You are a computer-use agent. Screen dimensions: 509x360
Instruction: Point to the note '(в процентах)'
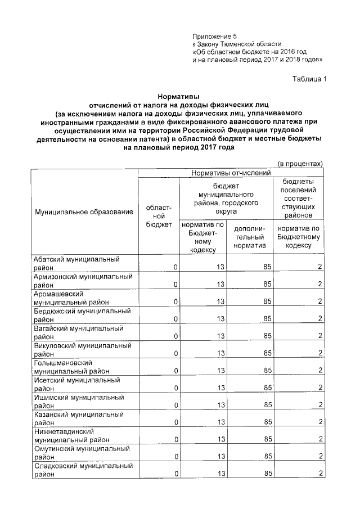click(x=300, y=164)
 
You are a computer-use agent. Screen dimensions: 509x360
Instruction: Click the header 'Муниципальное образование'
click(x=84, y=212)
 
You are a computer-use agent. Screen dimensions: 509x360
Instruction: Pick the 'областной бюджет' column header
click(x=159, y=216)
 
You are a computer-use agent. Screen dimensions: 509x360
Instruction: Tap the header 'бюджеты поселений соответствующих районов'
click(x=299, y=199)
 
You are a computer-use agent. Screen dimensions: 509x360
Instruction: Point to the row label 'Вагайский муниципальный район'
click(x=78, y=332)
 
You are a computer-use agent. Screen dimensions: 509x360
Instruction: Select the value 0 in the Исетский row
click(x=175, y=388)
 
